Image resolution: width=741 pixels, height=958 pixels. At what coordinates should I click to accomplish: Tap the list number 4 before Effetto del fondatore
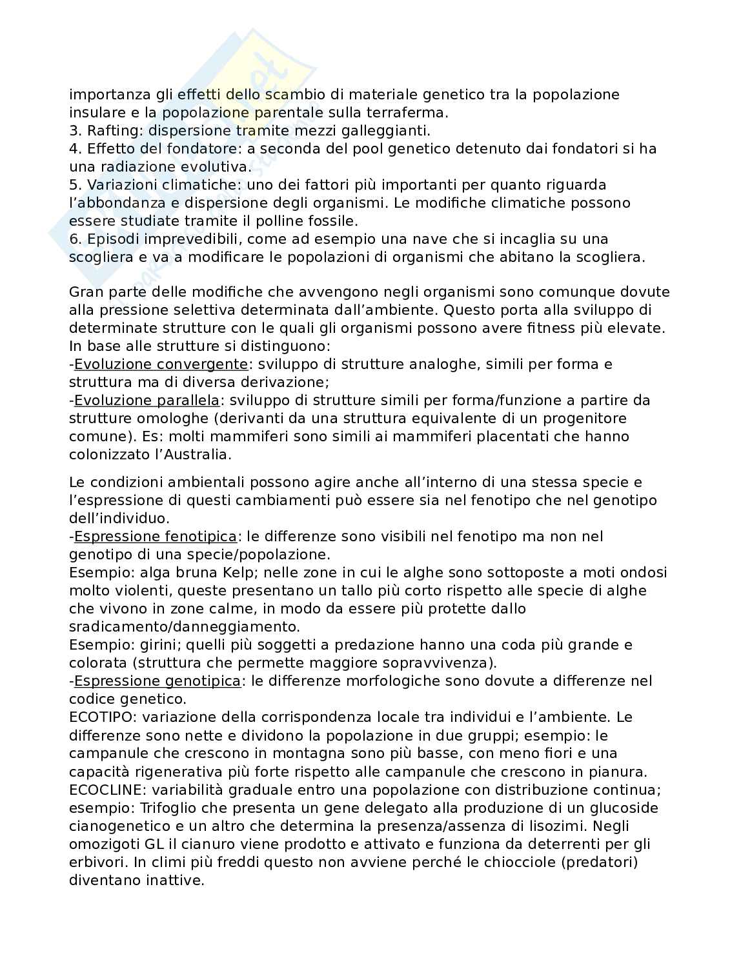tap(73, 148)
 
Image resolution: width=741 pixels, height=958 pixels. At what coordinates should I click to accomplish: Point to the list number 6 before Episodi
tap(73, 239)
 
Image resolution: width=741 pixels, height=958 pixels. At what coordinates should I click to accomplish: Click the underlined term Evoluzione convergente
tap(161, 364)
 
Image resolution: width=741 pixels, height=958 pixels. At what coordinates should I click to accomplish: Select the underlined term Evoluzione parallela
tap(147, 400)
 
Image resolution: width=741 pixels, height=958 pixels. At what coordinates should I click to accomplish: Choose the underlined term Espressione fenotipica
tap(156, 536)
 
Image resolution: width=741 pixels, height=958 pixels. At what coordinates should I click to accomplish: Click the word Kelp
tap(240, 572)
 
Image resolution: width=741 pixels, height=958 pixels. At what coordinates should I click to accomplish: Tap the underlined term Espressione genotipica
tap(157, 681)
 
